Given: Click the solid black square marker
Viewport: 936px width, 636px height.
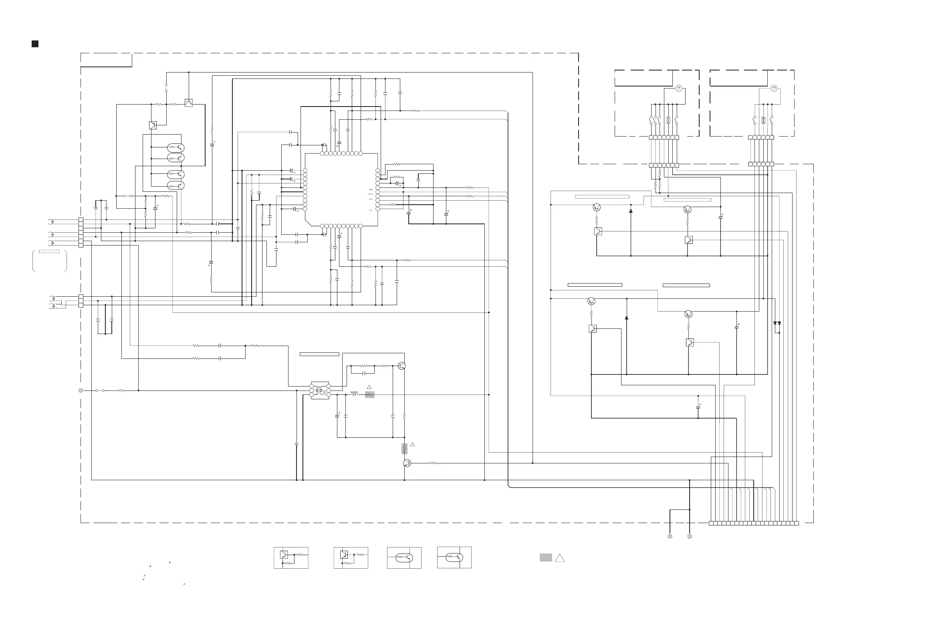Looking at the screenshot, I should click(x=35, y=44).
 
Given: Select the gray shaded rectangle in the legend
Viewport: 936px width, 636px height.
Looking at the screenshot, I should click(x=546, y=558).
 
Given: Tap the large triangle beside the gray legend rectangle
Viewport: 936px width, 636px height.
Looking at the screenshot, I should click(x=559, y=558).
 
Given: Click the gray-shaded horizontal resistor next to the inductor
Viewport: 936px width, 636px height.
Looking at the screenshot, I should click(x=369, y=395).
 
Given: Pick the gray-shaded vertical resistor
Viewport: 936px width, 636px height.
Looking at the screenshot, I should click(x=404, y=449).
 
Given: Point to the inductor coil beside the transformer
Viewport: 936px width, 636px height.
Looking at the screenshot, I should click(x=354, y=394).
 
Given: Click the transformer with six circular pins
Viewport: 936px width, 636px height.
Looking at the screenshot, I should click(x=320, y=390).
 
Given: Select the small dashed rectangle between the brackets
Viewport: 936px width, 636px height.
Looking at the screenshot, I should click(x=49, y=252).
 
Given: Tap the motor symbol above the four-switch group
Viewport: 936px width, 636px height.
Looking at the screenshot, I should click(x=679, y=88).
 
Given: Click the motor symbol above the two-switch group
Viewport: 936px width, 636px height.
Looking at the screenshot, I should click(x=774, y=88).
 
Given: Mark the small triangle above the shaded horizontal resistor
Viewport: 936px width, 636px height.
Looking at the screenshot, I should click(x=369, y=387).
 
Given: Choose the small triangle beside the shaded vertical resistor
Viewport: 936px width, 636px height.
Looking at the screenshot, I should click(x=412, y=445).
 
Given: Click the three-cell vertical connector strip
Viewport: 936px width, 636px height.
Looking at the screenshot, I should click(x=81, y=301).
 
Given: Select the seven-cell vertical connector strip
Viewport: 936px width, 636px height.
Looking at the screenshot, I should click(x=81, y=232).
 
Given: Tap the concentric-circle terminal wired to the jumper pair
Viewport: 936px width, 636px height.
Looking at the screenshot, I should click(x=81, y=390).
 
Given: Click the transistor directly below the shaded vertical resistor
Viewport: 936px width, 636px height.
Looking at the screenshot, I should click(x=407, y=463).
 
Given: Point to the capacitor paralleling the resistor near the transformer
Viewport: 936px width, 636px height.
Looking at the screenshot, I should click(x=364, y=373).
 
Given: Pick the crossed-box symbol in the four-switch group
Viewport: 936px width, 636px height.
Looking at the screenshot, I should click(x=668, y=120).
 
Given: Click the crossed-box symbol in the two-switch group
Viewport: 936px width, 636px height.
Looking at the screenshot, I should click(x=763, y=120).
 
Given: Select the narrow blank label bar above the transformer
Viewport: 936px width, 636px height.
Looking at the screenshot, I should click(x=319, y=354).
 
